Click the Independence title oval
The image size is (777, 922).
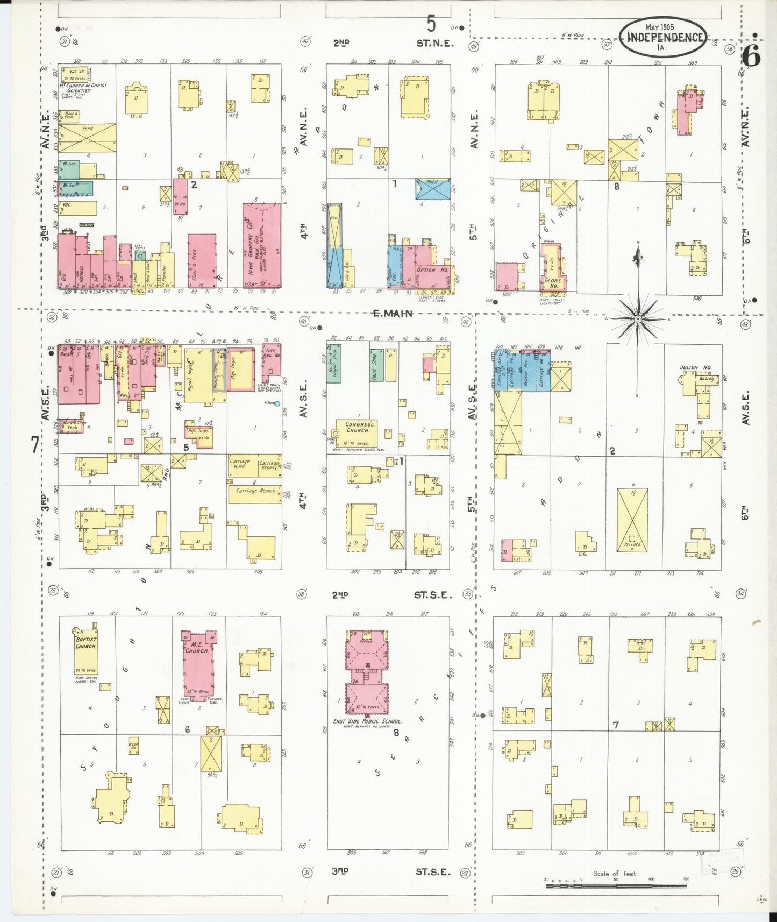(x=665, y=37)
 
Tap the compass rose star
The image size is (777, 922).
(x=638, y=319)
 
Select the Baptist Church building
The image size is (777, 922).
(x=86, y=651)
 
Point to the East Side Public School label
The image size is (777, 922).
(x=367, y=721)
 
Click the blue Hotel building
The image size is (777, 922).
(x=433, y=189)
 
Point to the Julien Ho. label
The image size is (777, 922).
(x=695, y=367)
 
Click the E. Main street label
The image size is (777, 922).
(x=393, y=313)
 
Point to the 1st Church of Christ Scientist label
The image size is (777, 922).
(x=83, y=88)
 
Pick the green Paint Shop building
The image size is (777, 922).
(x=376, y=365)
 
